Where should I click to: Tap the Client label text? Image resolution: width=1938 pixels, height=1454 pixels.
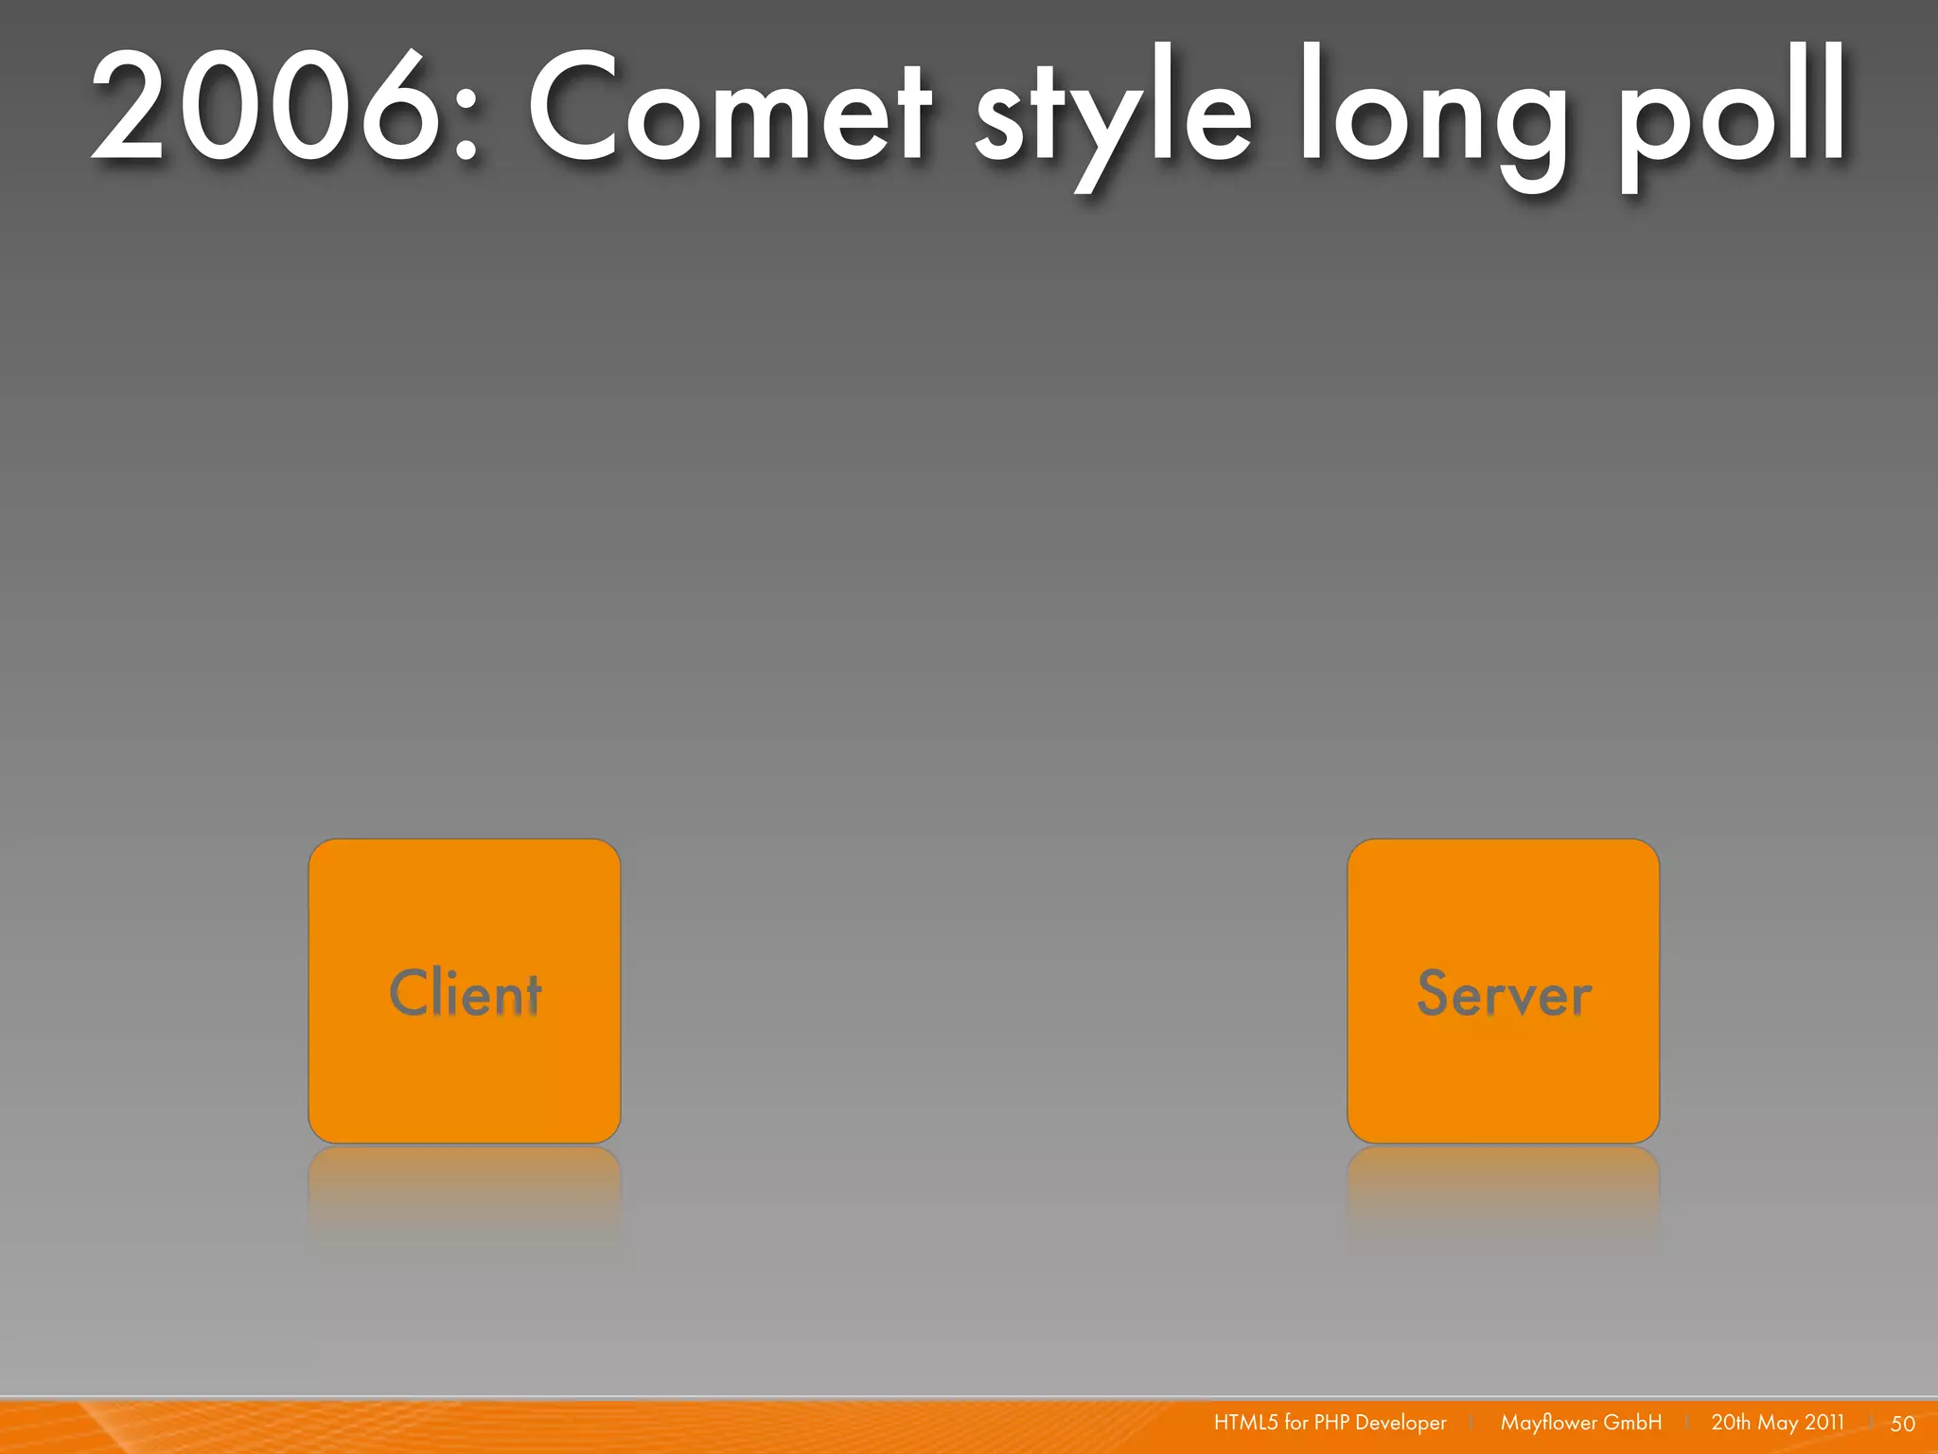[x=465, y=993]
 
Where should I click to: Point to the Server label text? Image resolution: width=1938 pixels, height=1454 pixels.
[x=1504, y=994]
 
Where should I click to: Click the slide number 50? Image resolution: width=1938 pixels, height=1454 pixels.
[x=1902, y=1424]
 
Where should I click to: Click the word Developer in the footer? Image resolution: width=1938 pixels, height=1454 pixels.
[x=1401, y=1423]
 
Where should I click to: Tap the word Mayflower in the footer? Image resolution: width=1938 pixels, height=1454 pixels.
[x=1548, y=1423]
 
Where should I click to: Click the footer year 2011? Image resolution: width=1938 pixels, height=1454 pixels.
[x=1824, y=1423]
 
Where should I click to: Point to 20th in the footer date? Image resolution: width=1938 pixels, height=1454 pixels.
[x=1731, y=1423]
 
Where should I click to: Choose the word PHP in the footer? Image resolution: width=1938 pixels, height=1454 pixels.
[x=1331, y=1423]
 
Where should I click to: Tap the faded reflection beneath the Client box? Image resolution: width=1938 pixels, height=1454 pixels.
[x=465, y=1193]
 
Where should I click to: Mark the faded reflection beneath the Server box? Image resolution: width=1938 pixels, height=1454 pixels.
[x=1503, y=1193]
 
